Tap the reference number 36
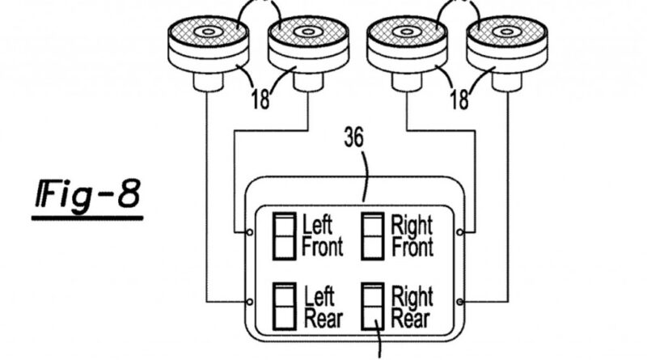pyautogui.click(x=354, y=138)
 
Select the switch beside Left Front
pyautogui.click(x=285, y=236)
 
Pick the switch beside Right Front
pyautogui.click(x=373, y=236)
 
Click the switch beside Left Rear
pyautogui.click(x=285, y=307)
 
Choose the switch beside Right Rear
pyautogui.click(x=373, y=307)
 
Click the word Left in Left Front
pyautogui.click(x=317, y=225)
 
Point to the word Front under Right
pyautogui.click(x=412, y=248)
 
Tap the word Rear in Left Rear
pyautogui.click(x=323, y=319)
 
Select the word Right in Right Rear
pyautogui.click(x=412, y=296)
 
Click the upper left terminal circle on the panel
pyautogui.click(x=249, y=232)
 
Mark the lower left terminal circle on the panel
pyautogui.click(x=249, y=302)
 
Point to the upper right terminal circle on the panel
pyautogui.click(x=460, y=232)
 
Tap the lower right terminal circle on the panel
pyautogui.click(x=460, y=302)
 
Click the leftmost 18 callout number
pyautogui.click(x=260, y=100)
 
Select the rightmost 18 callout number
pyautogui.click(x=459, y=100)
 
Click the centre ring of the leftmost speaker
pyautogui.click(x=209, y=32)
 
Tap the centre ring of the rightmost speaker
pyautogui.click(x=508, y=32)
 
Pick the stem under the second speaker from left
pyautogui.click(x=308, y=82)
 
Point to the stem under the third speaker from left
pyautogui.click(x=407, y=82)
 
